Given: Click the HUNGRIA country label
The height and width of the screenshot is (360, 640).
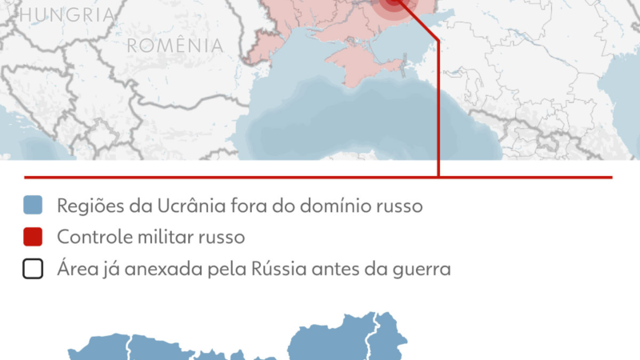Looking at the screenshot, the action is click(x=70, y=14).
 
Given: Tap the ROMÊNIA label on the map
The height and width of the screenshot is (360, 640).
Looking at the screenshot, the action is click(x=175, y=46).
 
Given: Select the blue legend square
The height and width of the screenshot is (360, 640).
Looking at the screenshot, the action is click(x=33, y=206).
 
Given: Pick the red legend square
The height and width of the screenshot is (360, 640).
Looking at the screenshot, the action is click(x=33, y=238).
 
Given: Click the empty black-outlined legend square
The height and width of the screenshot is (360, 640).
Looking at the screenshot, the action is click(x=33, y=270).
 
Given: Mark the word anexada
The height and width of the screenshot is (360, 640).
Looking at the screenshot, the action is click(x=155, y=270).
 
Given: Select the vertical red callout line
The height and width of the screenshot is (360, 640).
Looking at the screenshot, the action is click(x=438, y=104).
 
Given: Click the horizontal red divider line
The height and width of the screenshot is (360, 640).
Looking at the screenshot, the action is click(x=240, y=177).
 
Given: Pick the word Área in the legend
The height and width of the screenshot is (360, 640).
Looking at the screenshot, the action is click(x=74, y=270).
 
